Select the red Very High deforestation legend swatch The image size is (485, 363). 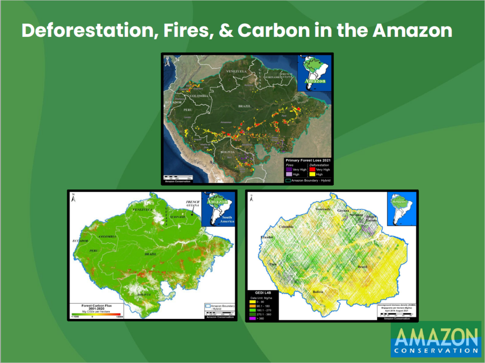coord(312,169)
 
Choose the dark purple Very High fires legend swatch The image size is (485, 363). coord(288,169)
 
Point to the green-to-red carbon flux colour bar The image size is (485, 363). coord(97,314)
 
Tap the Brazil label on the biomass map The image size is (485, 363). coord(363,267)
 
